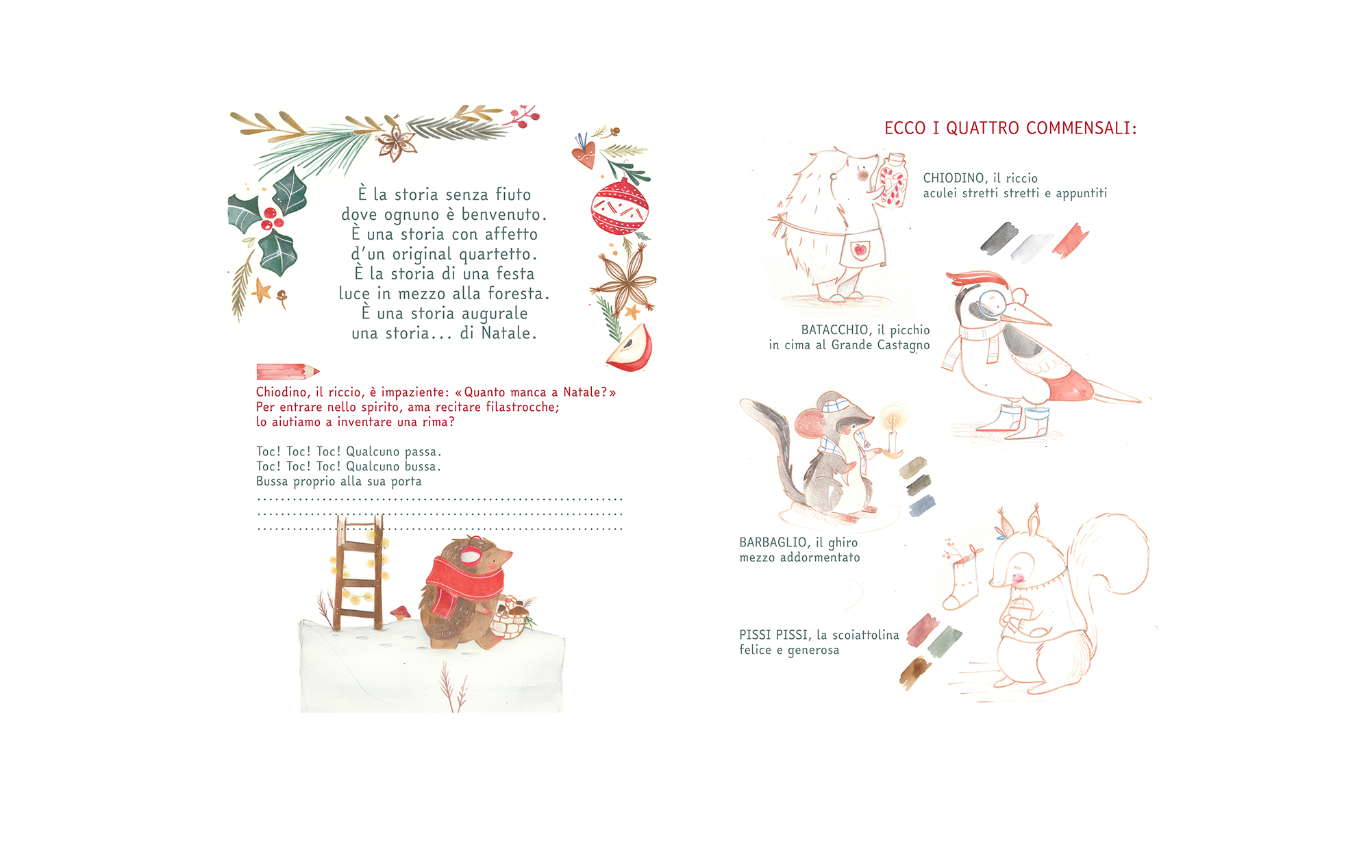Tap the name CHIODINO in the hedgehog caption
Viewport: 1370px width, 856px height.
[954, 178]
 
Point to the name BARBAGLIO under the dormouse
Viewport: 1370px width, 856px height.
[773, 542]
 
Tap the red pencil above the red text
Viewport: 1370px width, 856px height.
[288, 371]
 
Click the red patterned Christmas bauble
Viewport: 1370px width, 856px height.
[619, 207]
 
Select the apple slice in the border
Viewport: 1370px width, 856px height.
[630, 348]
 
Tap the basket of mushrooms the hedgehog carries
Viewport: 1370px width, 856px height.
[510, 618]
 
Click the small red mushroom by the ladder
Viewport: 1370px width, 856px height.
[400, 612]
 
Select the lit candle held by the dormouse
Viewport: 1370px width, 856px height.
[892, 431]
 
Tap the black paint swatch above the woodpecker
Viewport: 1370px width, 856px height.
[999, 238]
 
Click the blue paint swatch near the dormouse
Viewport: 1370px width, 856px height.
[922, 505]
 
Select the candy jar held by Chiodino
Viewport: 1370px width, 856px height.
[893, 180]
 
